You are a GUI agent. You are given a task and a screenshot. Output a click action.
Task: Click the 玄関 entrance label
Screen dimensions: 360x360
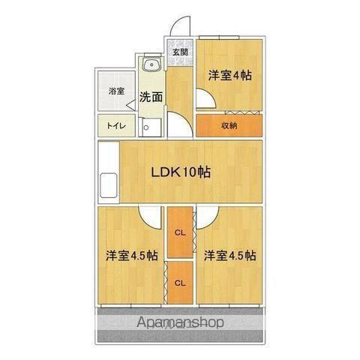(180, 52)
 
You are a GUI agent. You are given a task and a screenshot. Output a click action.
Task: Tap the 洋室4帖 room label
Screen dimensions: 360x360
(229, 75)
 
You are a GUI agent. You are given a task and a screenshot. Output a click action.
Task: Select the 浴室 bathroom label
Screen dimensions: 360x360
(116, 91)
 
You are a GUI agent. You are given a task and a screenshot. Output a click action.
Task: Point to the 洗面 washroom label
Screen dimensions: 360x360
(151, 96)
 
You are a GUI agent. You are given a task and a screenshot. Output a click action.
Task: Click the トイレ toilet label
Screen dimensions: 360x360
(116, 126)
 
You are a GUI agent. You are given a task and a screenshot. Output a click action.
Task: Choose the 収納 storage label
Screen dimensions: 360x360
(229, 125)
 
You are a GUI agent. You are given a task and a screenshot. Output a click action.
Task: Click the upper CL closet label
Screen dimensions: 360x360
(180, 231)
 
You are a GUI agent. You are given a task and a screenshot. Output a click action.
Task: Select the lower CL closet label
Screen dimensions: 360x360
(180, 283)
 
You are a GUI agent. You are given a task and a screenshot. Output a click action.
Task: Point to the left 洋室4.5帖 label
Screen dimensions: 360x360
(132, 254)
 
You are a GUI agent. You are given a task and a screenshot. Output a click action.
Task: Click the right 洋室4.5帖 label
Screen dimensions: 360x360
(229, 254)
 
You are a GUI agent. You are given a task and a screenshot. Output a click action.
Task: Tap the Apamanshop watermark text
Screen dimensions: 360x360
(181, 322)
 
